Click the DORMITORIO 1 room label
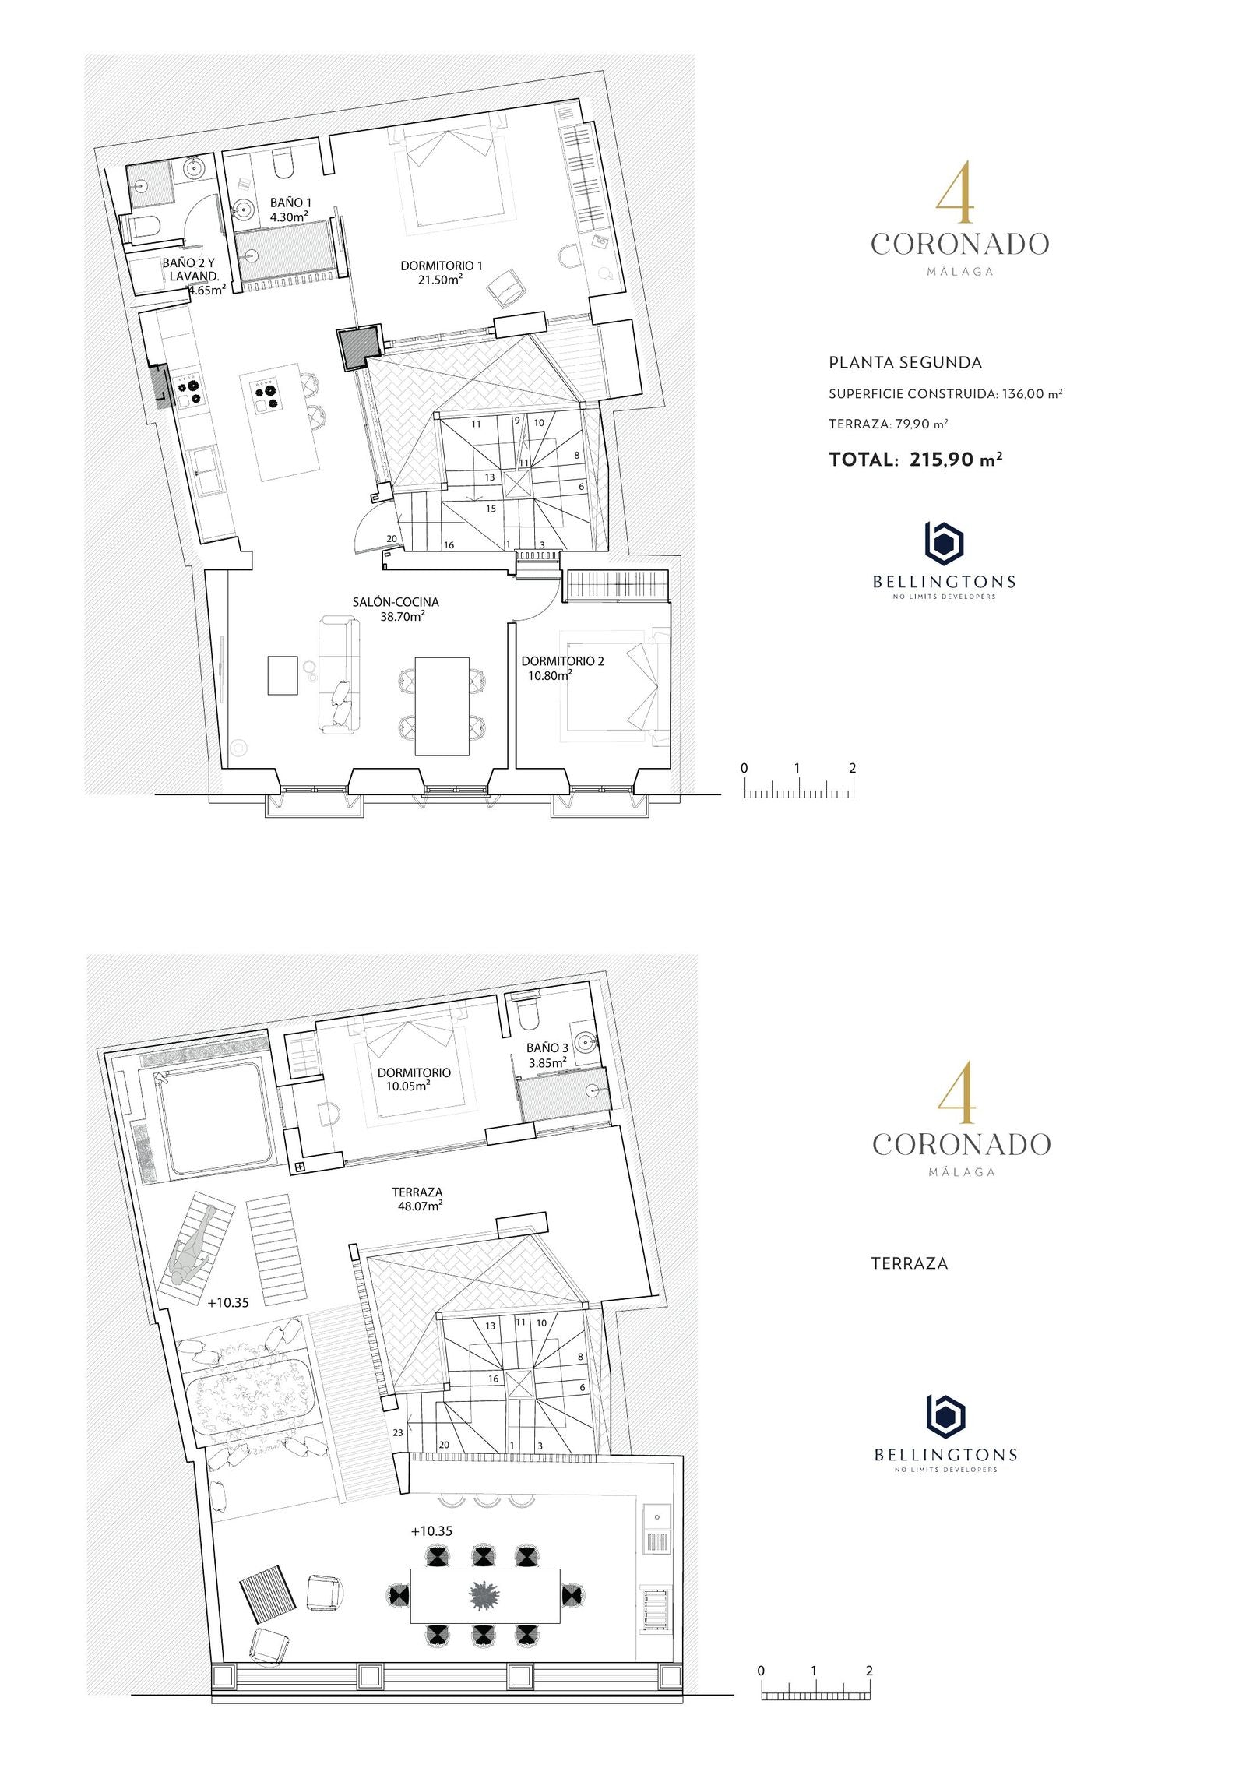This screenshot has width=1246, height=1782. [x=441, y=266]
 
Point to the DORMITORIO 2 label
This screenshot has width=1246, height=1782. [x=562, y=661]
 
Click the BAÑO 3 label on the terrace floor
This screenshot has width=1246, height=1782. [x=547, y=1048]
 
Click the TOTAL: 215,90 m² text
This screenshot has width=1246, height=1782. [x=916, y=459]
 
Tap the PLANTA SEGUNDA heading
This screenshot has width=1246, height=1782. [x=905, y=362]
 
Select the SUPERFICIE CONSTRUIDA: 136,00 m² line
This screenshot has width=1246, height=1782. [x=945, y=394]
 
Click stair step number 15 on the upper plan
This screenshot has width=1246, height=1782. [x=491, y=509]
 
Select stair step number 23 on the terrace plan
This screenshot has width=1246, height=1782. [x=397, y=1432]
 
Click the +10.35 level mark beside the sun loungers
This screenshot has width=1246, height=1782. [x=228, y=1302]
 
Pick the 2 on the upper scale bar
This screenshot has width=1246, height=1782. [x=853, y=768]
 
